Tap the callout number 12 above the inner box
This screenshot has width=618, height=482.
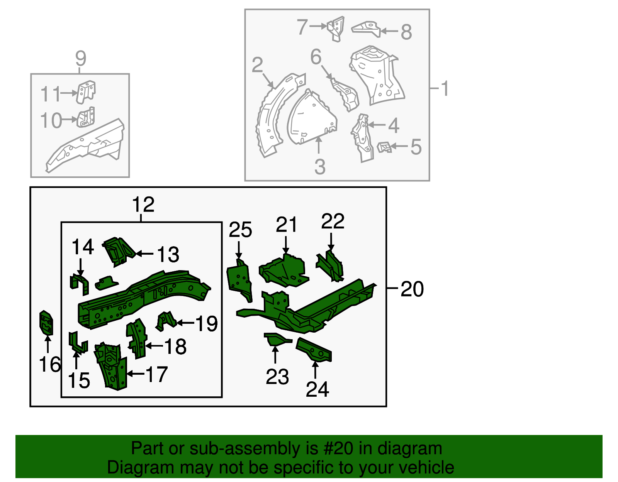point(143,204)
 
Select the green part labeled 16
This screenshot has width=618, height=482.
point(46,323)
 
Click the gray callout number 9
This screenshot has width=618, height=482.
point(80,59)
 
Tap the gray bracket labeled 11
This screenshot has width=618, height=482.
point(86,91)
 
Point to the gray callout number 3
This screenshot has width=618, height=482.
point(319,167)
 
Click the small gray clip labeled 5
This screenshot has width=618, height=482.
point(384,147)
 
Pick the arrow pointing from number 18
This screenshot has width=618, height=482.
point(154,346)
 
